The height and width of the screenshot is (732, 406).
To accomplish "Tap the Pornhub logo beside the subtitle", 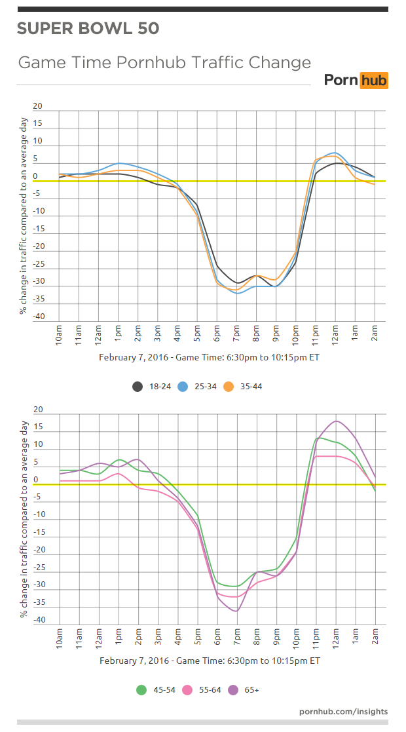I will [x=356, y=81].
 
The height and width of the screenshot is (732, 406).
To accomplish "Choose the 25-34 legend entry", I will [x=200, y=387].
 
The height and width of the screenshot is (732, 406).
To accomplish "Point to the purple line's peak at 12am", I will [x=336, y=421].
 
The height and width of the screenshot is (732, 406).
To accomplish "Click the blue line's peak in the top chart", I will [x=335, y=152].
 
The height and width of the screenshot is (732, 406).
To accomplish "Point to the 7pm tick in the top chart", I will [x=236, y=334].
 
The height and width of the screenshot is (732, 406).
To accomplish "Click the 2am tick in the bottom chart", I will [x=375, y=637].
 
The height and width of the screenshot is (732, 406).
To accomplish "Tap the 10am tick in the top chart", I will [x=60, y=334].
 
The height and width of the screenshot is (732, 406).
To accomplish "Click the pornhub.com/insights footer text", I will [x=343, y=711].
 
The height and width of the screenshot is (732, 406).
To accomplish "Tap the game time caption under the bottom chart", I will [x=210, y=661].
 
